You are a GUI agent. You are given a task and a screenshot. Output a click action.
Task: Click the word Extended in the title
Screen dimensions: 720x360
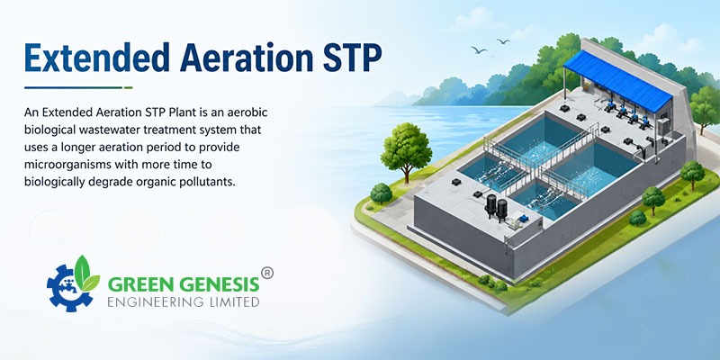(x=98, y=58)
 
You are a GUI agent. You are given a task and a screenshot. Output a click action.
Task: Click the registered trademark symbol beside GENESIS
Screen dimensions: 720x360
(x=266, y=273)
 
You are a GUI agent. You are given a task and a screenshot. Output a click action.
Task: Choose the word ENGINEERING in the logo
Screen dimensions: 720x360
(x=156, y=301)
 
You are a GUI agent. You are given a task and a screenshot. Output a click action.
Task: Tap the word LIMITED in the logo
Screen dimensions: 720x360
(x=234, y=301)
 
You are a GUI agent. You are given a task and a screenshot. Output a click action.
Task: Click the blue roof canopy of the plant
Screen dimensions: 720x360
(x=617, y=80)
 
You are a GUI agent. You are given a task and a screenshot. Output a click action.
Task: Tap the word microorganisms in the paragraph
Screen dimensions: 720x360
(x=72, y=165)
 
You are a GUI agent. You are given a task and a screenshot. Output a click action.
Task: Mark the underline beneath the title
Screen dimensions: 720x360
(x=78, y=87)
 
